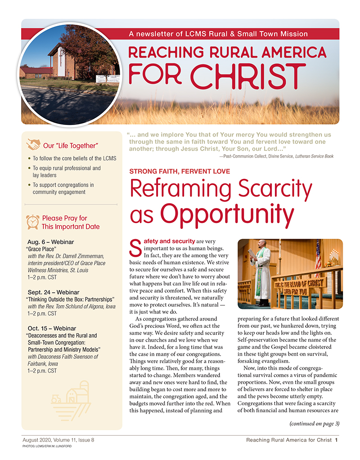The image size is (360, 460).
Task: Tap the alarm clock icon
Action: pyautogui.click(x=32, y=222)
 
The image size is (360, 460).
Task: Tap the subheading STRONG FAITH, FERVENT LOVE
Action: pyautogui.click(x=180, y=171)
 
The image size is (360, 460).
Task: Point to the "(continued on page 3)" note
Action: pyautogui.click(x=315, y=423)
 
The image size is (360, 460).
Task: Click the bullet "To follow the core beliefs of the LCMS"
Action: pyautogui.click(x=74, y=159)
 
